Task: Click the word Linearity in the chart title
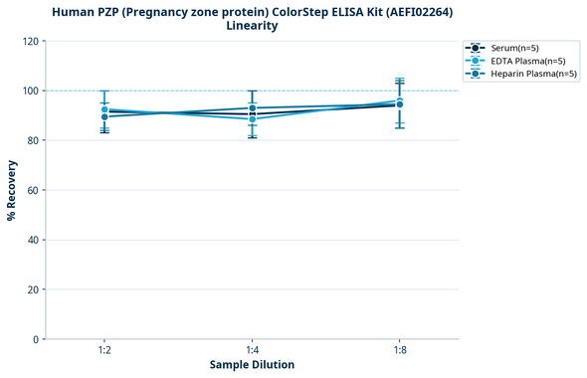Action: (252, 26)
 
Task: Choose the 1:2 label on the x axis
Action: (104, 351)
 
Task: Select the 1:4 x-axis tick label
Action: (252, 351)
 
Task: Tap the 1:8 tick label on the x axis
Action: (399, 351)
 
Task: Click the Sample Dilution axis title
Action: (252, 365)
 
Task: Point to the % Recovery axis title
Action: (12, 189)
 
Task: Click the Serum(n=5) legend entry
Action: (516, 48)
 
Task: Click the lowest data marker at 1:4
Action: (252, 119)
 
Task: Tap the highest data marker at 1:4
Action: (252, 107)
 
